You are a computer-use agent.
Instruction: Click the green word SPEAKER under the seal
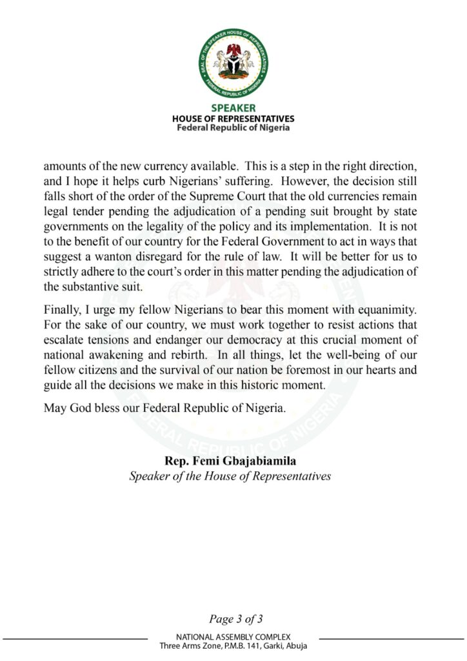[x=233, y=108]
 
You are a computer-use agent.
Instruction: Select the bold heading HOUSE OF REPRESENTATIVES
[x=233, y=119]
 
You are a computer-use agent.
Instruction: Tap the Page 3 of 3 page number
[x=235, y=620]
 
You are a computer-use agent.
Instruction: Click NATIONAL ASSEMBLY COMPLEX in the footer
[x=233, y=636]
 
